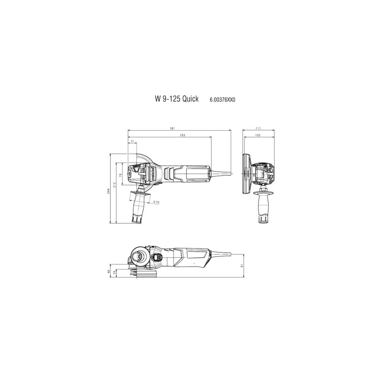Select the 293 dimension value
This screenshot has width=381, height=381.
click(x=182, y=135)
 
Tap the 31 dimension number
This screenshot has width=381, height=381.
click(x=132, y=141)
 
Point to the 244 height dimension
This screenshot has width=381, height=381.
click(x=109, y=190)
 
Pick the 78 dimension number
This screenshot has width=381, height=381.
click(x=121, y=175)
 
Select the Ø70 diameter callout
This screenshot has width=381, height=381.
click(x=156, y=202)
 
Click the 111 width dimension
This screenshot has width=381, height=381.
click(x=259, y=128)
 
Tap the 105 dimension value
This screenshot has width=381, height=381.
click(x=257, y=135)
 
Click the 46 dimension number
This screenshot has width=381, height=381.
click(x=109, y=272)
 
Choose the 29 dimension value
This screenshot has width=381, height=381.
click(x=115, y=273)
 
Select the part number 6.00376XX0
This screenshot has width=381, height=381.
click(x=223, y=100)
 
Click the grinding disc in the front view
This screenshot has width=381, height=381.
click(x=246, y=174)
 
